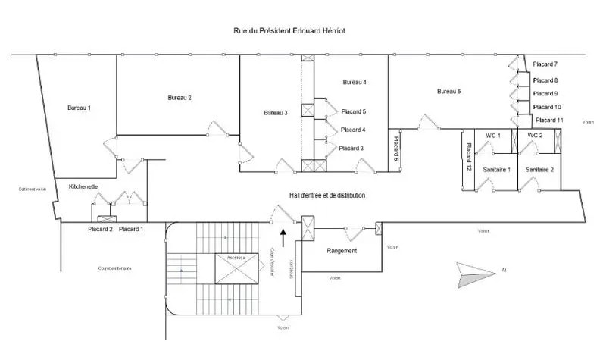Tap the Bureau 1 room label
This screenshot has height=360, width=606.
pyautogui.click(x=79, y=108)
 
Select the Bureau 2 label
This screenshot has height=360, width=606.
pyautogui.click(x=180, y=98)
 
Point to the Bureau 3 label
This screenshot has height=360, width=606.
pyautogui.click(x=276, y=113)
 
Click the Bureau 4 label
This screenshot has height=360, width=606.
pyautogui.click(x=355, y=82)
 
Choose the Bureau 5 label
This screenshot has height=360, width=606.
pyautogui.click(x=449, y=92)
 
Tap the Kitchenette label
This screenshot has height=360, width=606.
pyautogui.click(x=83, y=186)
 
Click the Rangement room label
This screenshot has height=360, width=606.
pyautogui.click(x=341, y=251)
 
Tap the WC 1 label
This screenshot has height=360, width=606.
pyautogui.click(x=493, y=135)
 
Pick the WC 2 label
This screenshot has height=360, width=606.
pyautogui.click(x=535, y=135)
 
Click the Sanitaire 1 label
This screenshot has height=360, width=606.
pyautogui.click(x=497, y=170)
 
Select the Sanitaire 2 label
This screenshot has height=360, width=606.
pyautogui.click(x=539, y=170)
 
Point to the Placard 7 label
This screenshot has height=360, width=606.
pyautogui.click(x=545, y=64)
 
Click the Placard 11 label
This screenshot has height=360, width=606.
pyautogui.click(x=549, y=121)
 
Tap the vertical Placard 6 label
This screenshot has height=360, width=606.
pyautogui.click(x=395, y=149)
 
